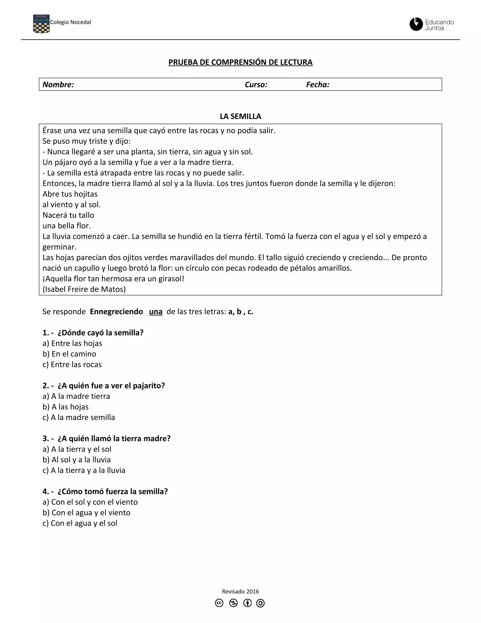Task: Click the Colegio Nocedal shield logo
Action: (x=41, y=24)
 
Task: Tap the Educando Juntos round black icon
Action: (x=416, y=24)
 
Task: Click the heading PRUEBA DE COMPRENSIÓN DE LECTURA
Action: (x=240, y=62)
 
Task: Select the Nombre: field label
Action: (x=58, y=85)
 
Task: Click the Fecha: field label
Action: (x=318, y=85)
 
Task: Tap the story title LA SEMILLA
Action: (x=240, y=116)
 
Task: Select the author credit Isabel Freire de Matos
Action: (x=84, y=289)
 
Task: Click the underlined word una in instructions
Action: (x=155, y=311)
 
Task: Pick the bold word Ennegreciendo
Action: (x=116, y=311)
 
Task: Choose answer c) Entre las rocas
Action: (x=72, y=365)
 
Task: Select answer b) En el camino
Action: (x=69, y=354)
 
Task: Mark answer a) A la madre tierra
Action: (x=76, y=396)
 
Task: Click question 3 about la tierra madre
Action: (x=106, y=438)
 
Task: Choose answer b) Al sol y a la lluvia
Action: (x=76, y=460)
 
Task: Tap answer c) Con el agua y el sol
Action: (x=80, y=523)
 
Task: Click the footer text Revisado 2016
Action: (x=240, y=591)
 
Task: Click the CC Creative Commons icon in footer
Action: (x=219, y=603)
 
